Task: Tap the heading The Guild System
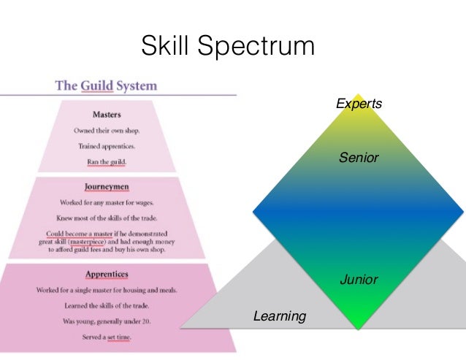pyautogui.click(x=106, y=85)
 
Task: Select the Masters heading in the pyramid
pyautogui.click(x=107, y=115)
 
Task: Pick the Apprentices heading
pyautogui.click(x=107, y=275)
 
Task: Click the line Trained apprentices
pyautogui.click(x=107, y=145)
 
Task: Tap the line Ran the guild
pyautogui.click(x=107, y=161)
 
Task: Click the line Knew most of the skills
pyautogui.click(x=107, y=217)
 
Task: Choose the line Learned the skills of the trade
pyautogui.click(x=107, y=305)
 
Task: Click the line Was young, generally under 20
pyautogui.click(x=107, y=321)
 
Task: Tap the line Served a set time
pyautogui.click(x=107, y=338)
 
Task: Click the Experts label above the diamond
pyautogui.click(x=359, y=104)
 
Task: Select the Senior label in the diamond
pyautogui.click(x=359, y=157)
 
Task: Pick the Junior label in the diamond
pyautogui.click(x=359, y=279)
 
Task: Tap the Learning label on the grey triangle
pyautogui.click(x=280, y=316)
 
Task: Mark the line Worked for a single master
pyautogui.click(x=107, y=290)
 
